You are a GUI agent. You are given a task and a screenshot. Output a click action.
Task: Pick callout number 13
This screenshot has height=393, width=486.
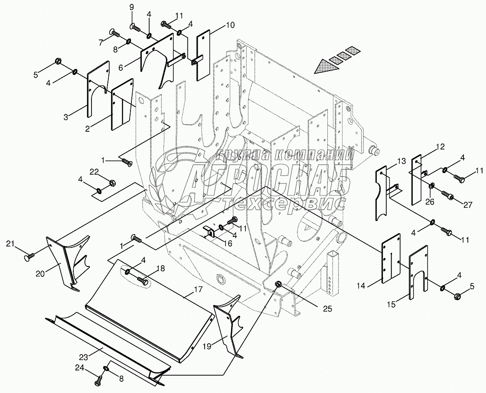tap(401, 162)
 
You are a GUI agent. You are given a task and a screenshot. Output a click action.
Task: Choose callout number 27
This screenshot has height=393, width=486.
tap(467, 205)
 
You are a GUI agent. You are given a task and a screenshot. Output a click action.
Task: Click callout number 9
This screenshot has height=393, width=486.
tap(132, 7)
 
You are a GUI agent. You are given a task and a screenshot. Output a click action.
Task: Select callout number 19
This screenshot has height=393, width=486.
tap(207, 347)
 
